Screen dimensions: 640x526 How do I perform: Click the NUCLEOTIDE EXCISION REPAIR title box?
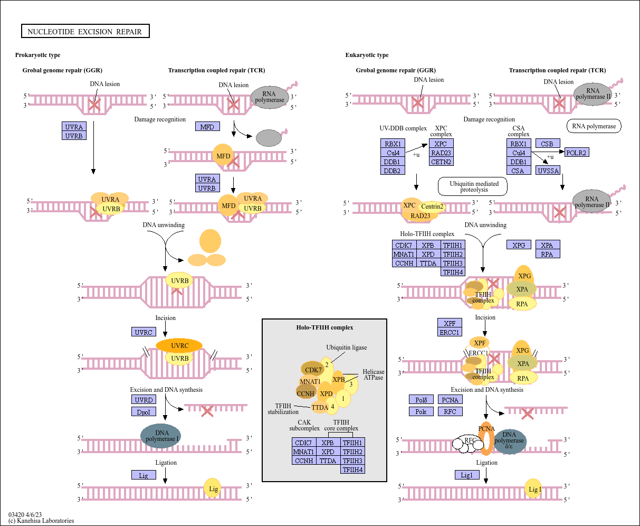click(x=85, y=31)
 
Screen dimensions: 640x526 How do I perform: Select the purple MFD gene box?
click(x=207, y=126)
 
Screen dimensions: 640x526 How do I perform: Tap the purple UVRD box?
click(x=144, y=400)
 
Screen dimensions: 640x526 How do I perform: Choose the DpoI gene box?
click(x=144, y=412)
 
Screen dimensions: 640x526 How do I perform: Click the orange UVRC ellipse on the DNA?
click(x=179, y=345)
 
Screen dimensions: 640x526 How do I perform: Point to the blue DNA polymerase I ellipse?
click(x=161, y=436)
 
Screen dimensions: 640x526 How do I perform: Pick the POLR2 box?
click(x=577, y=153)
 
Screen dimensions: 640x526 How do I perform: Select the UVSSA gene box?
click(x=548, y=171)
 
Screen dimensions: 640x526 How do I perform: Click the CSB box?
click(x=548, y=143)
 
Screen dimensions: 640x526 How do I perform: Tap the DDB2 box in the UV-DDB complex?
click(x=393, y=171)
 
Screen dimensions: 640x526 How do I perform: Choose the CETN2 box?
click(x=441, y=162)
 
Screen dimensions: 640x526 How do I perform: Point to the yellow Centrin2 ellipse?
click(x=432, y=206)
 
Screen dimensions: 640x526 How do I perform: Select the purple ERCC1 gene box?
click(x=450, y=332)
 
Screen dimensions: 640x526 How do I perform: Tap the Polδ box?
click(x=421, y=400)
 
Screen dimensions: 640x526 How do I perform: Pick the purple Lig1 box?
click(x=467, y=475)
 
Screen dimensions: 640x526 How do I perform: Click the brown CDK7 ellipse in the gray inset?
click(x=312, y=369)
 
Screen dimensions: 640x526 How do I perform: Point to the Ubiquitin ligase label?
click(x=347, y=347)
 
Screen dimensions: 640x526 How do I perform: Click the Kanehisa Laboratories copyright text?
click(x=41, y=521)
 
